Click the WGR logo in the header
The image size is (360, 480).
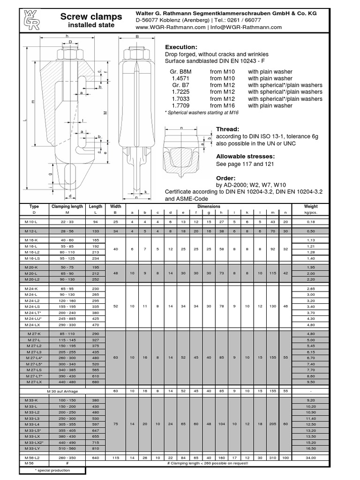30,20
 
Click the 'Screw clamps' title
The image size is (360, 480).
91,17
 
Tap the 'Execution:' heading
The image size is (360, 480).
181,47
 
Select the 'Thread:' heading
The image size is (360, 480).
228,129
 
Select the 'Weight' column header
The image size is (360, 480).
311,206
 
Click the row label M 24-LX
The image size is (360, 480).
34,324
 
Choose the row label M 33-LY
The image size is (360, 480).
34,449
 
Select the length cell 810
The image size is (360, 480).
96,449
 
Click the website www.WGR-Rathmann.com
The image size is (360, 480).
171,27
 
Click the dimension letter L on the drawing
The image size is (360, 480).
25,121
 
